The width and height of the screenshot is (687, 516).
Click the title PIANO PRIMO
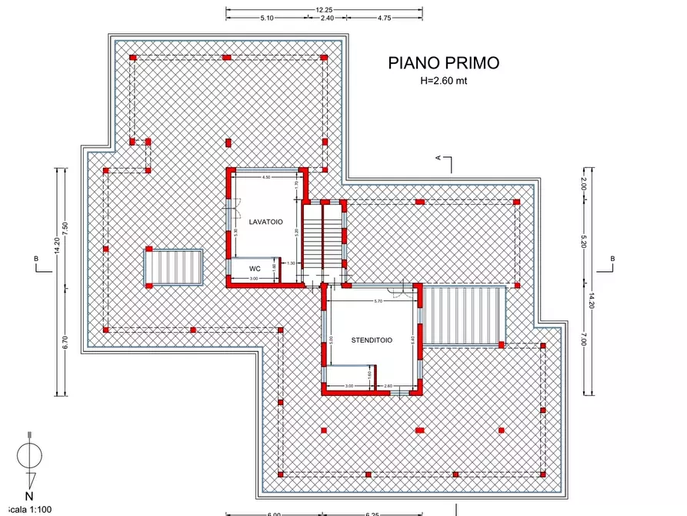pyautogui.click(x=444, y=63)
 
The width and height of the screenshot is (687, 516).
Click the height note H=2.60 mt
pyautogui.click(x=444, y=80)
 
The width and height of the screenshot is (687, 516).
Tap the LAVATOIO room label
pyautogui.click(x=265, y=222)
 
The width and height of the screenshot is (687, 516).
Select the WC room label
pyautogui.click(x=255, y=269)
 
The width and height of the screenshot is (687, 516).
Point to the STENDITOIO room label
pyautogui.click(x=372, y=340)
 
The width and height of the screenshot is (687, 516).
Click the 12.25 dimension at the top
pyautogui.click(x=324, y=9)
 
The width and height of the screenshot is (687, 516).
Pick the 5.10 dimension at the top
pyautogui.click(x=267, y=17)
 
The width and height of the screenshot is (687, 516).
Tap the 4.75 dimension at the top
pyautogui.click(x=385, y=17)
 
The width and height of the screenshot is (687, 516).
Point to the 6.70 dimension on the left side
pyautogui.click(x=66, y=343)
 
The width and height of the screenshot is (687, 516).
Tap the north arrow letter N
pyautogui.click(x=29, y=496)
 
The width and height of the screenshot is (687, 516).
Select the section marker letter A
pyautogui.click(x=439, y=158)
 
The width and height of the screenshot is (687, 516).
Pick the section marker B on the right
pyautogui.click(x=612, y=259)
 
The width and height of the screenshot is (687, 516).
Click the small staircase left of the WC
pyautogui.click(x=175, y=267)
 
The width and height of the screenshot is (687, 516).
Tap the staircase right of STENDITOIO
pyautogui.click(x=464, y=315)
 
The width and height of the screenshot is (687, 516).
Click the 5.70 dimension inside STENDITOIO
pyautogui.click(x=378, y=300)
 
